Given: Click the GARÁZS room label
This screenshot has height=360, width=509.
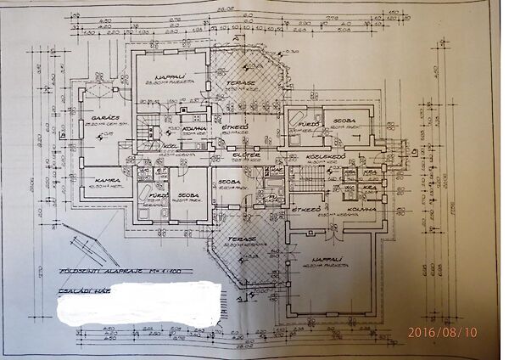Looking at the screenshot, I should pyautogui.click(x=94, y=116).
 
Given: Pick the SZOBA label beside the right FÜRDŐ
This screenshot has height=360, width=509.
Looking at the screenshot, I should pyautogui.click(x=343, y=122).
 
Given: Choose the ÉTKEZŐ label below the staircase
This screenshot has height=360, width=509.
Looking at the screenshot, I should pyautogui.click(x=302, y=208).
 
